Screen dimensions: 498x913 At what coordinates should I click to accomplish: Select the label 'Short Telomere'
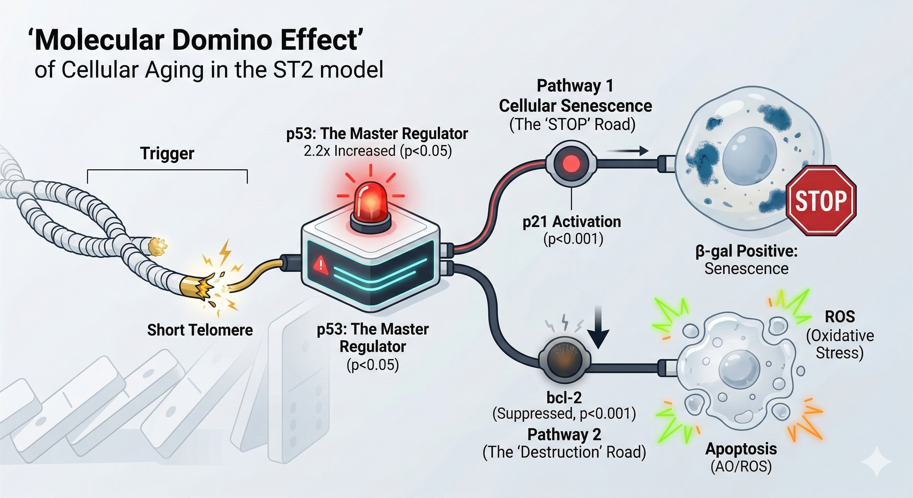[x=200, y=330]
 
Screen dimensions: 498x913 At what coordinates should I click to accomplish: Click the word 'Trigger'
[x=167, y=153]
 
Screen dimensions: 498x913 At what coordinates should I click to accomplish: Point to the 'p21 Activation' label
[x=572, y=222]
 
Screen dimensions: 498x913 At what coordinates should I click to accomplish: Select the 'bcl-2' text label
[x=564, y=398]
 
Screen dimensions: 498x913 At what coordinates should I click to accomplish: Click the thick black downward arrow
[x=598, y=328]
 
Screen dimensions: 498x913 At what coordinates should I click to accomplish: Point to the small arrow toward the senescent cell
[x=627, y=151]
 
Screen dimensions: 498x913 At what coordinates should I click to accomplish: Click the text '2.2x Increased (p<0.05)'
[x=377, y=151]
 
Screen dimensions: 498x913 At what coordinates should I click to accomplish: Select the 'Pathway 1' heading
[x=575, y=86]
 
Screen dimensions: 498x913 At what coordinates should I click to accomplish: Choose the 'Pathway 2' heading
[x=564, y=434]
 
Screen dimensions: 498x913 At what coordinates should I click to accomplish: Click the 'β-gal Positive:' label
[x=746, y=251]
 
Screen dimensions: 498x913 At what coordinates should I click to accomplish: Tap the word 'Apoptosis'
[x=741, y=449]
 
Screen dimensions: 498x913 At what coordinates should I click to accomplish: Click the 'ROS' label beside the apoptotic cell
[x=840, y=316]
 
